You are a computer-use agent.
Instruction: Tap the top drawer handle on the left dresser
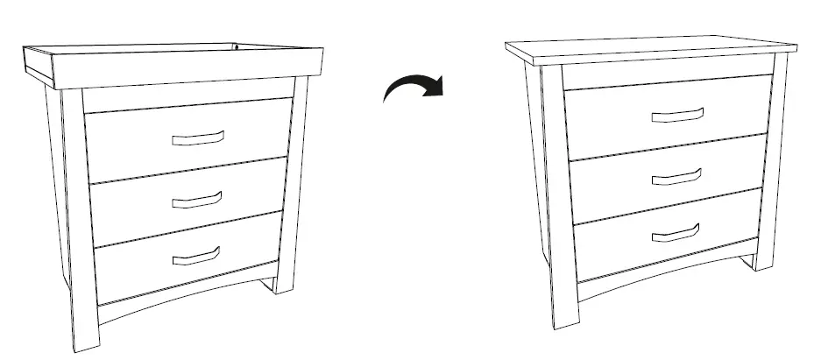click(198, 138)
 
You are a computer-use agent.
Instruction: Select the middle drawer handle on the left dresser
click(196, 201)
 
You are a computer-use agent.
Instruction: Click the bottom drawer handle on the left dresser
click(195, 256)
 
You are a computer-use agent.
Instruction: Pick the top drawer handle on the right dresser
click(677, 116)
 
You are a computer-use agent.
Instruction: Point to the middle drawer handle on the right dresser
click(676, 178)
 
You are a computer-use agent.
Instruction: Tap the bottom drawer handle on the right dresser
click(675, 233)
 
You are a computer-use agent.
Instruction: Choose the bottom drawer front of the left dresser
click(140, 267)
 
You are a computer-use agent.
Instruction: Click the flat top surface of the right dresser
click(648, 48)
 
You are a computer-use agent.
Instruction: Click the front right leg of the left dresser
click(289, 193)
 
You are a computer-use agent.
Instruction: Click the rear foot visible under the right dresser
click(750, 262)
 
